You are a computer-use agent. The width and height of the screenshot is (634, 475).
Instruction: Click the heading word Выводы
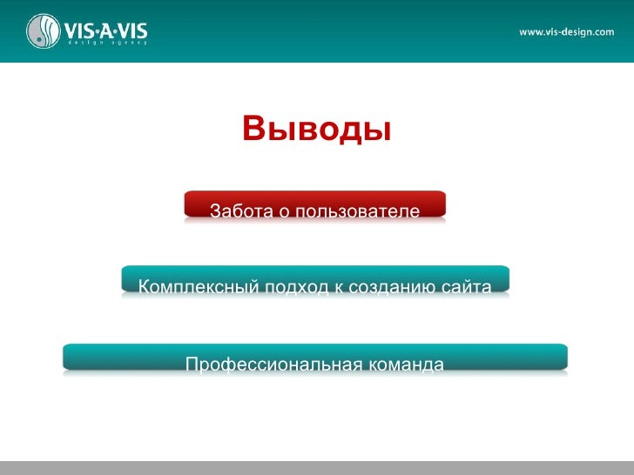pos(316,130)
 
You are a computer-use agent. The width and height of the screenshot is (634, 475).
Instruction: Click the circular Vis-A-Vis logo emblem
pos(43,31)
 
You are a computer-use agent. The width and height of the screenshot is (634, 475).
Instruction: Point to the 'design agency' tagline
pos(106,42)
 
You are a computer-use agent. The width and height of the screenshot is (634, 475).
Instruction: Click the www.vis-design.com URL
pos(566,32)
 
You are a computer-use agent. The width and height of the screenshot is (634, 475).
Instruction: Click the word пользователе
pos(358,211)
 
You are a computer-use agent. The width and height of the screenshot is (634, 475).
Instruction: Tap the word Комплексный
pos(192,286)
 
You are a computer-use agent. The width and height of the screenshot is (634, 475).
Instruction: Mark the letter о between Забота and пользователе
pos(286,212)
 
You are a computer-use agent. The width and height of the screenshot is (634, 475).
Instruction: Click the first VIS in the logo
pos(81,28)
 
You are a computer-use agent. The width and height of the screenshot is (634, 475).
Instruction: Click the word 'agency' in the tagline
pos(131,42)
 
